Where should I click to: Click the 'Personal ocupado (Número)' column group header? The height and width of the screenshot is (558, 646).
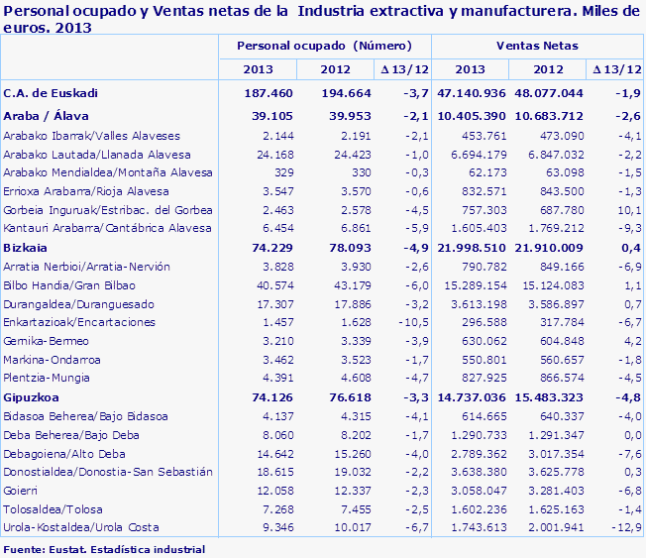pos(323,47)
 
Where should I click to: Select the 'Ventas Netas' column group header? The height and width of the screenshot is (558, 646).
pos(537,47)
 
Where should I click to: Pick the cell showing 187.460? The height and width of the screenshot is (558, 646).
pos(255,92)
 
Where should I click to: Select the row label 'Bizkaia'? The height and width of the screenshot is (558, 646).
pos(27,247)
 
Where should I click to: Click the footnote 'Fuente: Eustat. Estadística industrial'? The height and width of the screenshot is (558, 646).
pos(105,548)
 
